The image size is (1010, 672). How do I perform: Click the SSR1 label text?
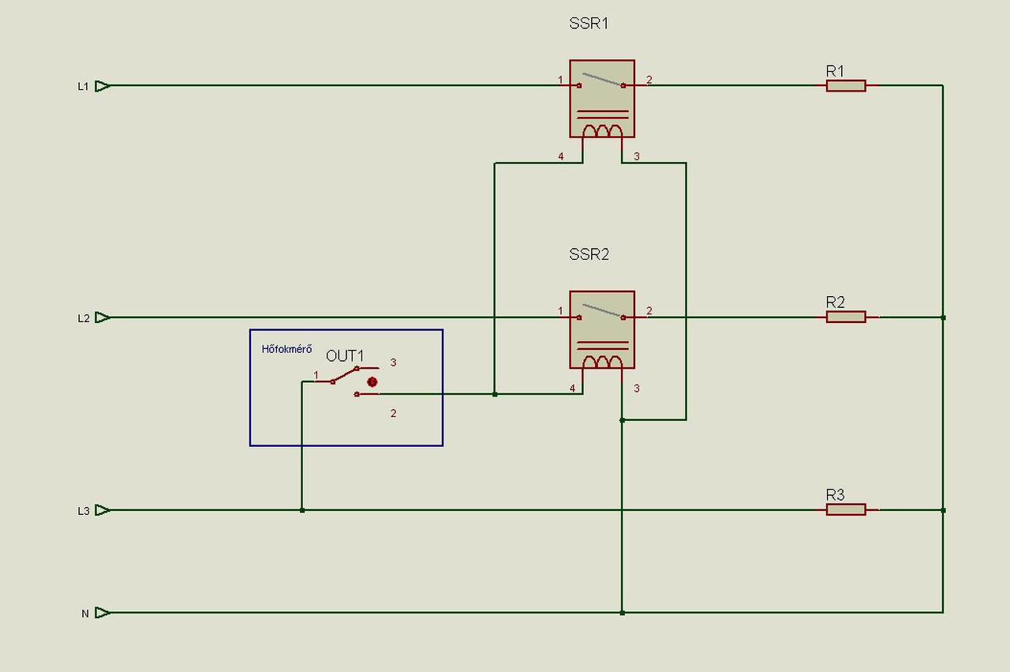click(589, 24)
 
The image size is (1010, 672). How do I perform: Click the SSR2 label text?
click(589, 254)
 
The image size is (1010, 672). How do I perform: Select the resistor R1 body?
click(846, 86)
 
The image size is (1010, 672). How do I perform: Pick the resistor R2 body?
click(846, 317)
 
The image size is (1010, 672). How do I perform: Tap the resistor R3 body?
click(846, 509)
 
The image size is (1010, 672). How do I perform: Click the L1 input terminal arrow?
click(103, 86)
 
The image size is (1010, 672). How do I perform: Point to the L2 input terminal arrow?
click(103, 317)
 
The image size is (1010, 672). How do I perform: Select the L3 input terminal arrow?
click(103, 510)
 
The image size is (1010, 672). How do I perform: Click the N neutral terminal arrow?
click(103, 613)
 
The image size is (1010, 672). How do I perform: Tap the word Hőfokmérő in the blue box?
click(286, 349)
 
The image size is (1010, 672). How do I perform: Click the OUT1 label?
click(345, 356)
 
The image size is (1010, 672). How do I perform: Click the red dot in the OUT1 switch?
click(372, 382)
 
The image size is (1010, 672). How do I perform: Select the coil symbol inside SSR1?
click(602, 131)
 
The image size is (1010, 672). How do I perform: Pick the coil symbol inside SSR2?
click(602, 362)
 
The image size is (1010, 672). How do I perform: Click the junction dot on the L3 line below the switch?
click(302, 510)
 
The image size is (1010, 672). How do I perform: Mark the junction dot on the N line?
click(623, 613)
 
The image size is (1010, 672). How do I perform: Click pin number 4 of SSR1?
click(561, 156)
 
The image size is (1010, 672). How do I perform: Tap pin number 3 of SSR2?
click(637, 389)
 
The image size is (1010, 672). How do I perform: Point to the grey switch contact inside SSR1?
click(602, 80)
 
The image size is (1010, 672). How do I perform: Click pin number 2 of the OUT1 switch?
click(393, 414)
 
